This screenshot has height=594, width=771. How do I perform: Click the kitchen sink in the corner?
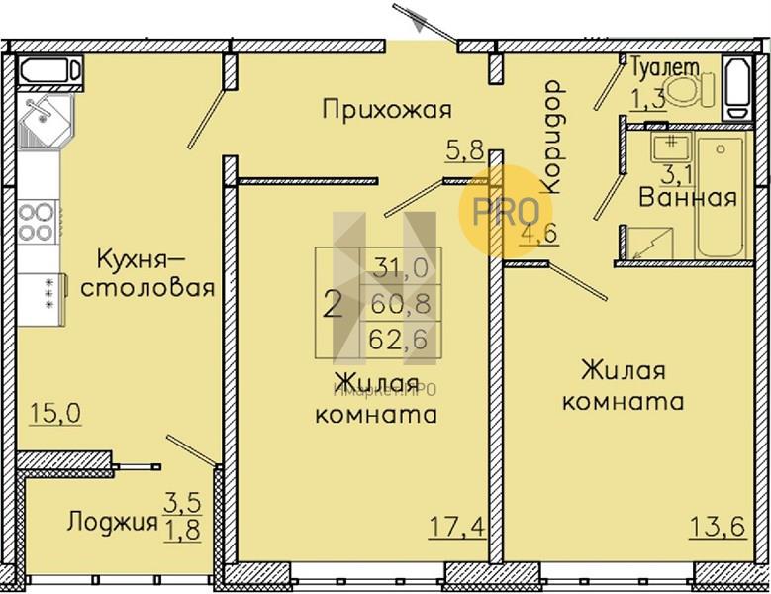coord(45,121)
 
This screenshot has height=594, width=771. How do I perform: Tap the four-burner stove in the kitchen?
coord(37,222)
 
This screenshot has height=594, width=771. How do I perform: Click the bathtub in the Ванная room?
coord(720,197)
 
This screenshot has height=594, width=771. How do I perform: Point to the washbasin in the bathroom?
coord(672,147)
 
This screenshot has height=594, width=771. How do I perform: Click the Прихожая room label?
coord(387,109)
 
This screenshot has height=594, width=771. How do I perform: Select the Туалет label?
coord(664,67)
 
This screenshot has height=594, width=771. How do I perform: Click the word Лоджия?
coord(113,522)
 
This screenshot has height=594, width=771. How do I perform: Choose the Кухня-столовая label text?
coord(147,273)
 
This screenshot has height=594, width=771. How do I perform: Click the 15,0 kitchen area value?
coord(55,413)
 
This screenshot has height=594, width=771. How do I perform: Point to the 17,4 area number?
coord(458,527)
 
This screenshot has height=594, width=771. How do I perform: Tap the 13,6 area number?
coord(718,527)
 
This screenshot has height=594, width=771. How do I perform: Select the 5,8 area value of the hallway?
coord(465,150)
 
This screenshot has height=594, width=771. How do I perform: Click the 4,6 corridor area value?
coord(539,233)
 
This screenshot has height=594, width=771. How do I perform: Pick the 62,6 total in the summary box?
coord(398,340)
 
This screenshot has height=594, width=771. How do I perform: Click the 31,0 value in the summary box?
coord(400,268)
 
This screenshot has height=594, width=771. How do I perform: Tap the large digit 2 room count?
coord(333,305)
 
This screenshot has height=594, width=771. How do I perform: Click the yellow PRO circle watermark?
coord(506,212)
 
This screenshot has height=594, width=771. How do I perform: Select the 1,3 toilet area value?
coord(648,99)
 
